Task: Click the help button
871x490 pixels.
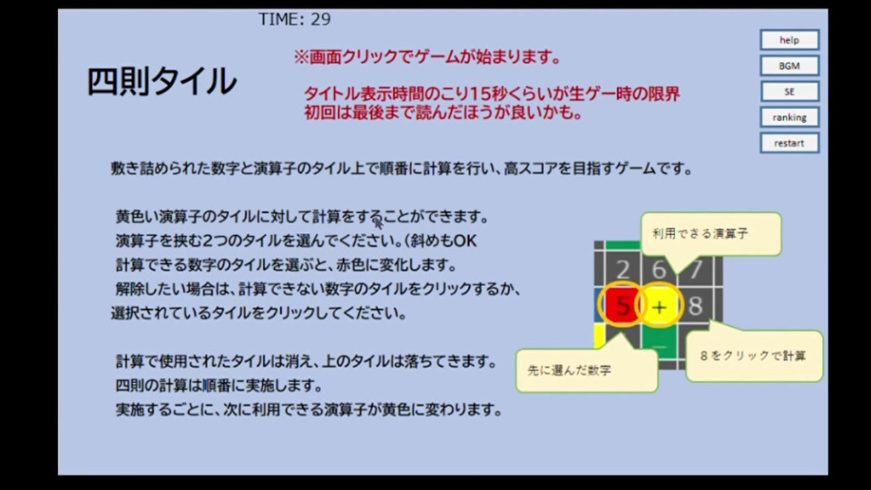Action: coord(789,40)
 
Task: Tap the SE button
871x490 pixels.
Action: coord(789,92)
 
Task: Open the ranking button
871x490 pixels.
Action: coord(789,117)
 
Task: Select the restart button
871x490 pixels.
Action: coord(789,142)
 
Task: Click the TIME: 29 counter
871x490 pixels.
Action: coord(294,19)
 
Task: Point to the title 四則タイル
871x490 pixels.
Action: coord(161,81)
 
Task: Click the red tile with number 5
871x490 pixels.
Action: coord(622,306)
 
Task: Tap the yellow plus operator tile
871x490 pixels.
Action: coord(659,306)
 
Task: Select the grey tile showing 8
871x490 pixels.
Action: coord(695,306)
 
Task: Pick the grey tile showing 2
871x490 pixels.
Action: coord(622,269)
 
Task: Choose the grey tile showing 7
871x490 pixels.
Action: coord(696,269)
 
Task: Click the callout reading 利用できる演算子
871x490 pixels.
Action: coord(711,234)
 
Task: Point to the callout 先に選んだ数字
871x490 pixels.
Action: coord(587,370)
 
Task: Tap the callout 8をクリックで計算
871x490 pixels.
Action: coord(754,356)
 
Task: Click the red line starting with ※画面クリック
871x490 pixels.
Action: coord(426,56)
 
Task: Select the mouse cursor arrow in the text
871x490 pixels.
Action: coord(378,222)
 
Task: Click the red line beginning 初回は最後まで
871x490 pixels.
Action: coord(443,113)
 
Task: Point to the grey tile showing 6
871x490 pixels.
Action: coord(659,269)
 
